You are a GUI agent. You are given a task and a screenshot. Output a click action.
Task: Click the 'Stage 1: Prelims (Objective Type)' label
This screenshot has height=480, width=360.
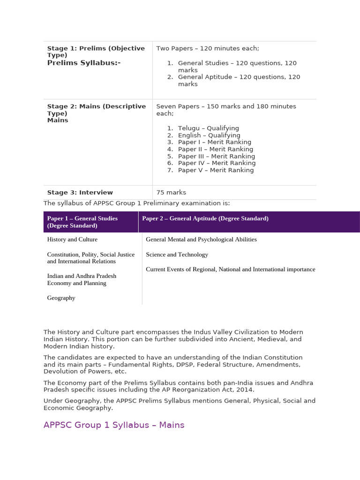(96, 52)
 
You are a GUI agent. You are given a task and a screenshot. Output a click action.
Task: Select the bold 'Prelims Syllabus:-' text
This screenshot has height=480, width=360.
(84, 62)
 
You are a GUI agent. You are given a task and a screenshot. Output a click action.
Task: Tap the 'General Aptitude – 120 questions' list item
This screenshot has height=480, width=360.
(239, 80)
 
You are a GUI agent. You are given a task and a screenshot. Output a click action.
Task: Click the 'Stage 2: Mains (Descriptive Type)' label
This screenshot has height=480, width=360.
(97, 110)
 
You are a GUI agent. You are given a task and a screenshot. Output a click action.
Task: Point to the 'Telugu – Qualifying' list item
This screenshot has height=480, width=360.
(209, 128)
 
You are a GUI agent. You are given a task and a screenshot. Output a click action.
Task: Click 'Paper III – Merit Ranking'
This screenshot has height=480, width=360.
(217, 156)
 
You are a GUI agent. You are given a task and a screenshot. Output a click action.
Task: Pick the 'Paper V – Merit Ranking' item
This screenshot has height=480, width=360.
(216, 170)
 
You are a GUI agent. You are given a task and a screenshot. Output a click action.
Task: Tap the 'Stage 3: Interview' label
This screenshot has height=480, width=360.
(80, 192)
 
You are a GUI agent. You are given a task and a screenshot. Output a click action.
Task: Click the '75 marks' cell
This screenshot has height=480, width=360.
(171, 192)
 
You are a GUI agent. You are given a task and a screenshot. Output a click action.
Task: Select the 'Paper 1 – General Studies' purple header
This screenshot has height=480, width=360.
(82, 222)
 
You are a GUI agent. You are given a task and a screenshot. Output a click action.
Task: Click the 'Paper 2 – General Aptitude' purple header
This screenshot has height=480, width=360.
(205, 218)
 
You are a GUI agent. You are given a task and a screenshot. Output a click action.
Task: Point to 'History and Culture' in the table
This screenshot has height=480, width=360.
(72, 240)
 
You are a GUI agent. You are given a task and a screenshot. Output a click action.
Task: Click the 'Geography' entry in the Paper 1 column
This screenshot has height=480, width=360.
(61, 298)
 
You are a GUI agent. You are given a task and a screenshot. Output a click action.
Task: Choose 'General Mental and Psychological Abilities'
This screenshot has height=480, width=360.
(202, 240)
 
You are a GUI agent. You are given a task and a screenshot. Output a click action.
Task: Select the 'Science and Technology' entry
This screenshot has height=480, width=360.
(177, 255)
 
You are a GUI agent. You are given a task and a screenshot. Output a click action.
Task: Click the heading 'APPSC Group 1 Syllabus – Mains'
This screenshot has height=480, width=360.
(114, 425)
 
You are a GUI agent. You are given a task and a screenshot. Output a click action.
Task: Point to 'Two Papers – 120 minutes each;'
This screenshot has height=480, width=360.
(208, 48)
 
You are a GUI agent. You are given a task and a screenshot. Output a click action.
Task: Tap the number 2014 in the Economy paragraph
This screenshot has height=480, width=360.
(245, 390)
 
